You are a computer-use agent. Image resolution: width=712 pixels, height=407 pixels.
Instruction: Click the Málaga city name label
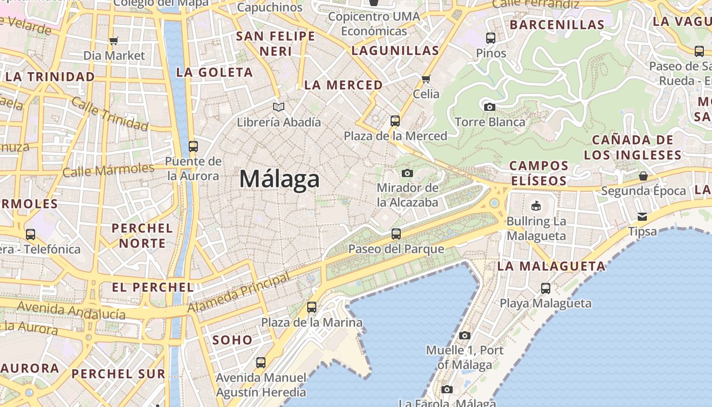point(280,179)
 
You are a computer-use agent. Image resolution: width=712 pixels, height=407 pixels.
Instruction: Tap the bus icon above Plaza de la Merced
point(395,121)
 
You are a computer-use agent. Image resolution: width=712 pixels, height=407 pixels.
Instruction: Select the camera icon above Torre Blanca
point(490,107)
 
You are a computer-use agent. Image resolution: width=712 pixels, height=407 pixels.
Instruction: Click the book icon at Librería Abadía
point(279,107)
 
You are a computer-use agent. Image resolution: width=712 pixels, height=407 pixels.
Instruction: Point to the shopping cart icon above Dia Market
point(114,41)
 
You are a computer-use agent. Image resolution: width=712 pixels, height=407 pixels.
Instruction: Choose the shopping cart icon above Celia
point(426,79)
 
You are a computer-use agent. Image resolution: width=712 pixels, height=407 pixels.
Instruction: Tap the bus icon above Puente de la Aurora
point(193,147)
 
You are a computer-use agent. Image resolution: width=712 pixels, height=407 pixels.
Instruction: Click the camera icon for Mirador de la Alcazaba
point(407,173)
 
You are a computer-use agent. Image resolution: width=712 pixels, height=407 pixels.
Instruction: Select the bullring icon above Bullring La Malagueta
point(536,206)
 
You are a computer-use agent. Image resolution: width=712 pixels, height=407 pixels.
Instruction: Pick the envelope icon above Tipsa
point(642,217)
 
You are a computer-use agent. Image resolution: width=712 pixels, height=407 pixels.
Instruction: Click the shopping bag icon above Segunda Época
point(643,176)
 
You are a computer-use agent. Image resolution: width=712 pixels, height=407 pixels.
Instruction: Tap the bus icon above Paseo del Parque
point(396,234)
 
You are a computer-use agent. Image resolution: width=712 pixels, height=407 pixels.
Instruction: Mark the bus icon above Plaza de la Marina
point(312,307)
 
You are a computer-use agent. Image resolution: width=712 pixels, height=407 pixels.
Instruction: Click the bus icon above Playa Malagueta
point(546,288)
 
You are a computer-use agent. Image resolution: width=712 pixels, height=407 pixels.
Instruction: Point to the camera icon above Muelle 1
point(465,335)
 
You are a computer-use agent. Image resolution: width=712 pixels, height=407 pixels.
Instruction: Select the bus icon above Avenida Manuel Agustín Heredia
point(261,363)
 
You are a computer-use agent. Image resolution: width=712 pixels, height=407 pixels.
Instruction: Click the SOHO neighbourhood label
point(232,340)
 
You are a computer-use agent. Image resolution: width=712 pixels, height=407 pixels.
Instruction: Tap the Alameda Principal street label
point(239,293)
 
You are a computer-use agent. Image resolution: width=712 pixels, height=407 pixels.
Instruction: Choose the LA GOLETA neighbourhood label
point(215,72)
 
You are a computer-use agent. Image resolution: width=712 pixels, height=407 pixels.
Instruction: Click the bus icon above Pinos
point(491,38)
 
